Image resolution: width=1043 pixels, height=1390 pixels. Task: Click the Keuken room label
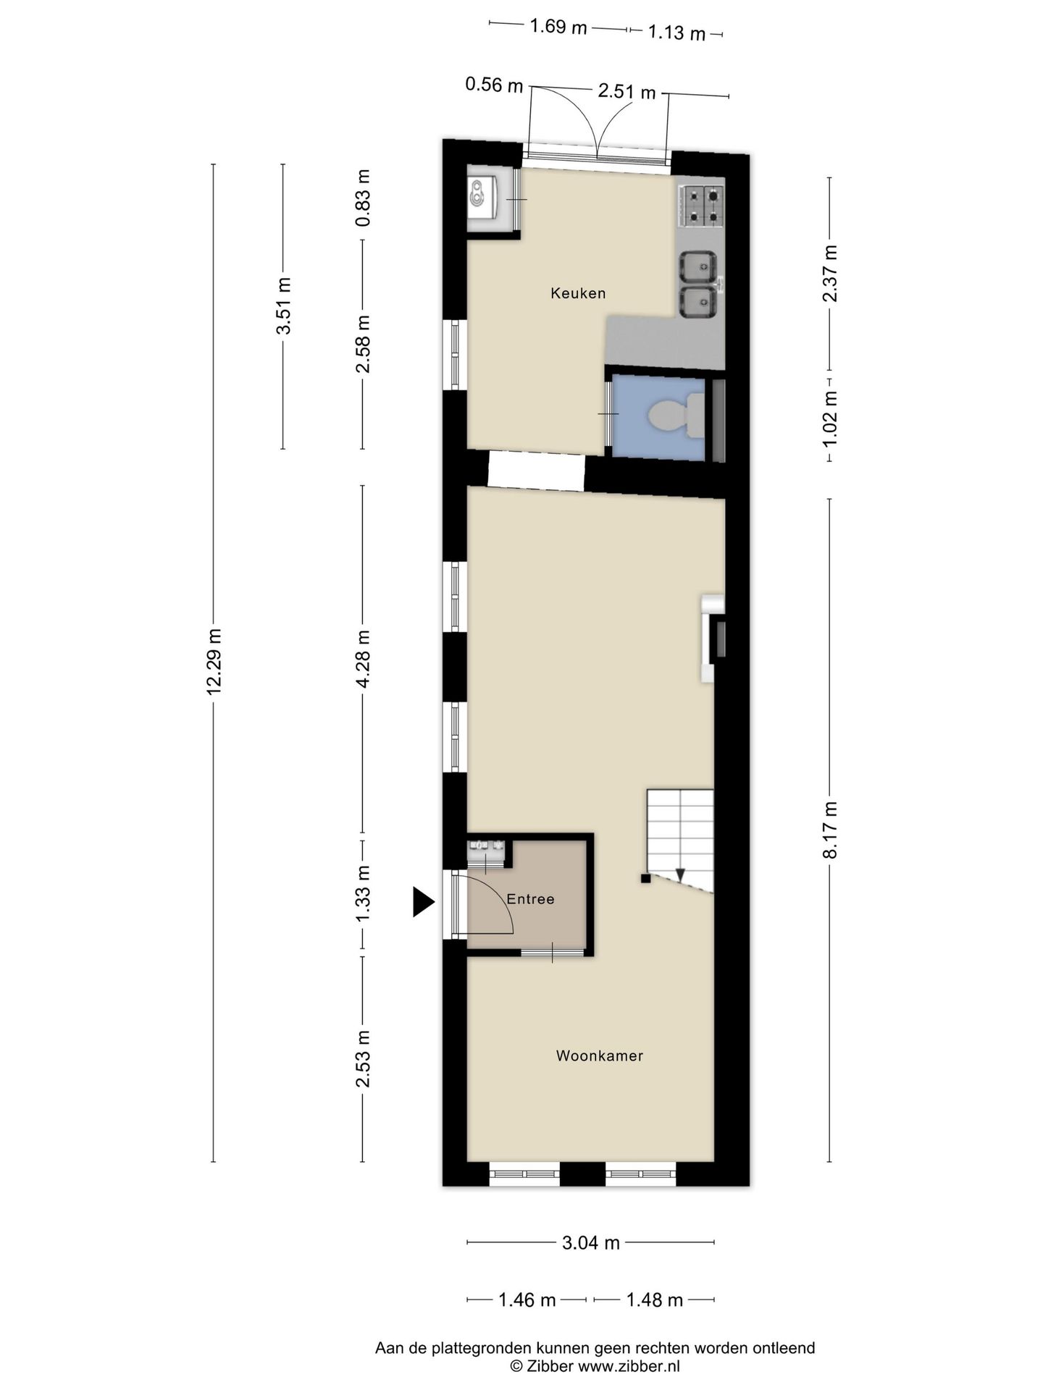point(577,293)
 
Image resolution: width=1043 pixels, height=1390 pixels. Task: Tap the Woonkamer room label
point(599,1056)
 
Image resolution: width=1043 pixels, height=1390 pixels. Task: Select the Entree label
point(530,899)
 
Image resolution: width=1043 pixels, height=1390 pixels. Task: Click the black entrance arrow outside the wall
point(423,901)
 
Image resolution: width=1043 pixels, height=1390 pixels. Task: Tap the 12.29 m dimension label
point(214,662)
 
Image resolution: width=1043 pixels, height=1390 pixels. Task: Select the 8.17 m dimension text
point(830,830)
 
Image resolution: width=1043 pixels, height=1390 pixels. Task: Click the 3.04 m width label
point(590,1243)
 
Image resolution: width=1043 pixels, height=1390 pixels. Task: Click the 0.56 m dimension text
point(493,85)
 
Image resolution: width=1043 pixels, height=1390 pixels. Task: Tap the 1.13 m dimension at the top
point(676,33)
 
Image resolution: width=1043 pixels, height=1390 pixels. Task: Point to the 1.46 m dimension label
point(527,1300)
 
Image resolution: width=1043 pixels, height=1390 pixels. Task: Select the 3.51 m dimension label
point(283,305)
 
